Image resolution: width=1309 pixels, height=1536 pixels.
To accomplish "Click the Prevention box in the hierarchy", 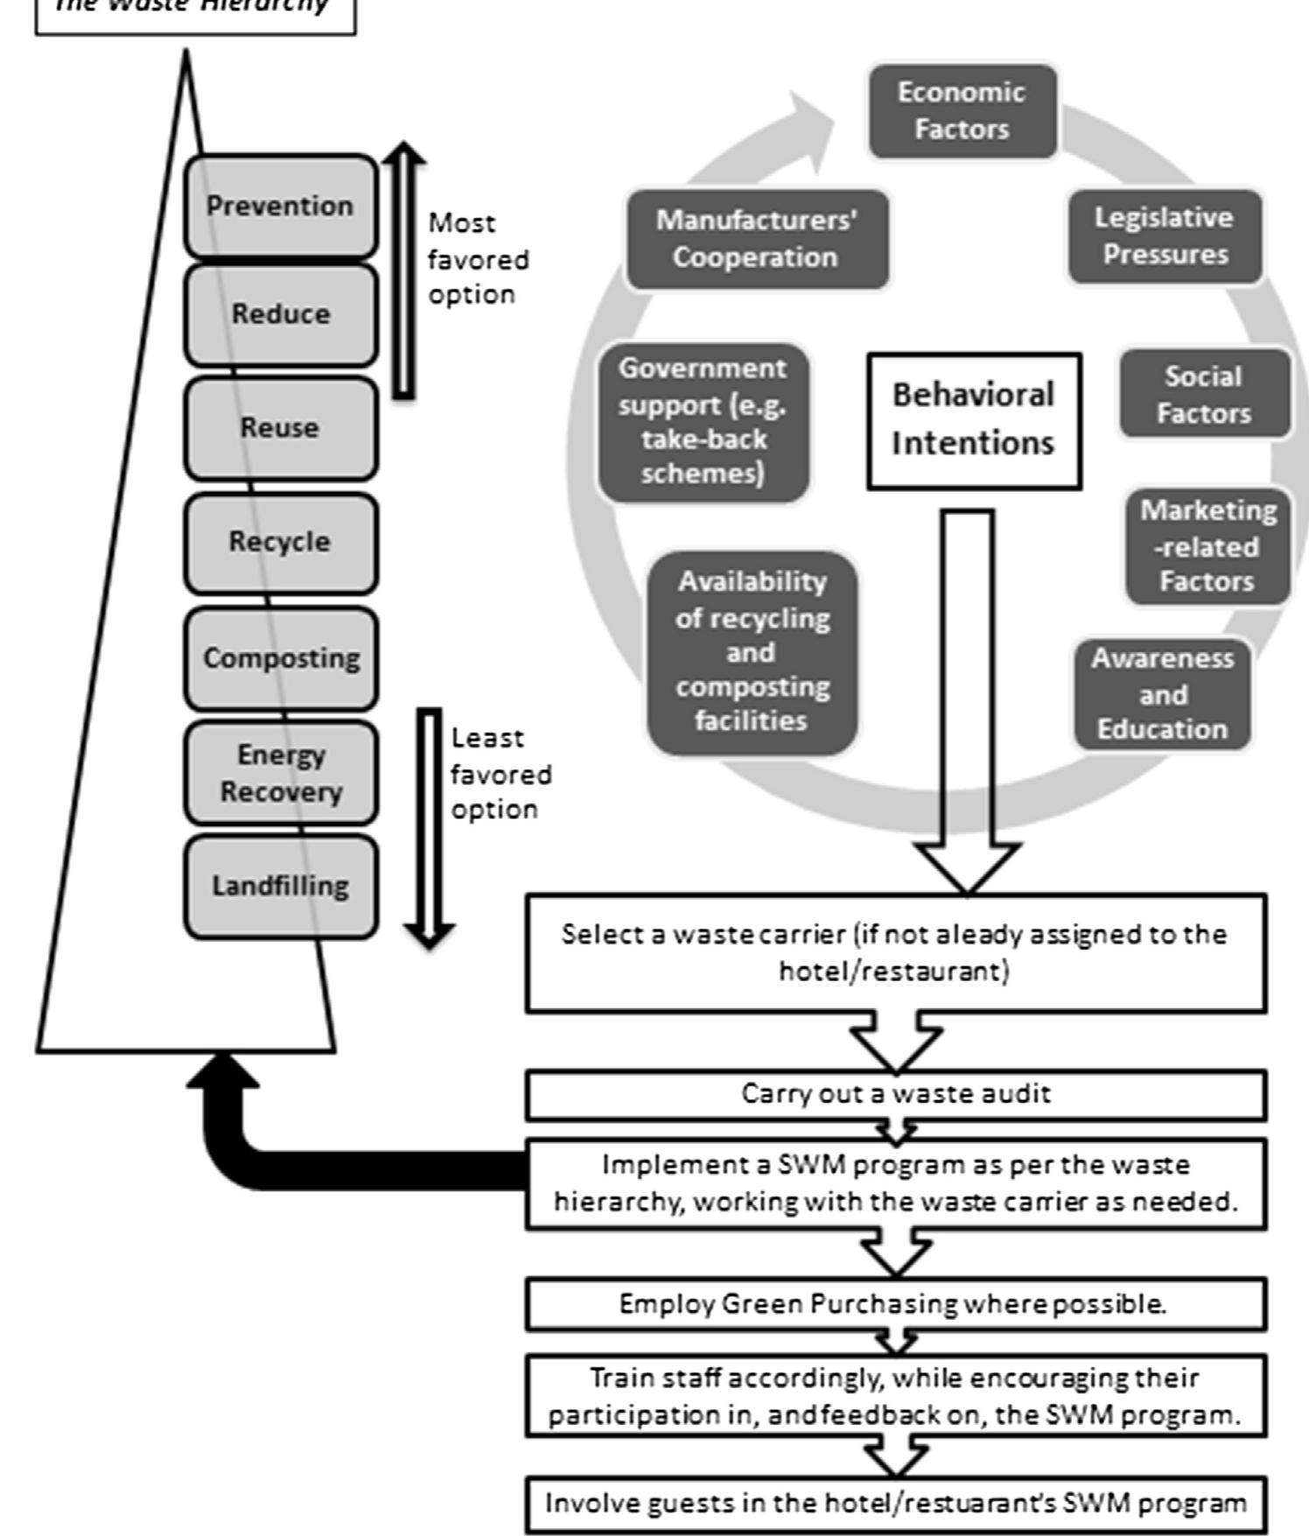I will tap(280, 206).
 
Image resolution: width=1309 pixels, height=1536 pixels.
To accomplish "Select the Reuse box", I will tap(280, 428).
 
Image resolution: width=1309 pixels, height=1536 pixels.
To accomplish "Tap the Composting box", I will tap(280, 658).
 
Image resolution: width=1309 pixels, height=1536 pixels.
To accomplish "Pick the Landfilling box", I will tap(280, 886).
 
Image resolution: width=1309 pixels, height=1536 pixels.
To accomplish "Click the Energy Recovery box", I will tap(280, 773).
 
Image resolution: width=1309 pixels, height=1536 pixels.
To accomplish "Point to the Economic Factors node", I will tap(962, 111).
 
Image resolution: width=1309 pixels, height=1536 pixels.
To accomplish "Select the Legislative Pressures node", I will tap(1164, 236).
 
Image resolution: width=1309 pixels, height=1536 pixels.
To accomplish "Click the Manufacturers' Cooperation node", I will tap(757, 238).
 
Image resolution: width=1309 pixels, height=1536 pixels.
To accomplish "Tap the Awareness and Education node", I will tap(1162, 694).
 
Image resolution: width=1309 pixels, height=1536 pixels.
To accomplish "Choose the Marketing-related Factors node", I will tap(1207, 546).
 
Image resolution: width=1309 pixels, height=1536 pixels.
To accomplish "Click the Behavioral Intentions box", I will tap(973, 420).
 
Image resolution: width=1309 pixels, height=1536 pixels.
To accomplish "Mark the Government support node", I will tap(703, 421).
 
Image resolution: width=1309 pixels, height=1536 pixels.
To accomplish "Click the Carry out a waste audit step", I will tap(895, 1094).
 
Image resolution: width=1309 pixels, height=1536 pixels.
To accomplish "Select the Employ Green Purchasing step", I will tap(895, 1304).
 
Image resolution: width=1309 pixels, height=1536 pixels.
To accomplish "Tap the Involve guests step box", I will tap(895, 1504).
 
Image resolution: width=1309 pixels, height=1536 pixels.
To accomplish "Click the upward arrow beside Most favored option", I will tap(402, 271).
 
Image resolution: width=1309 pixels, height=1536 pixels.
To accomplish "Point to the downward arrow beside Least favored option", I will tap(429, 827).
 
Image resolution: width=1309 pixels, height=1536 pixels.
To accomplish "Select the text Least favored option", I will tap(500, 774).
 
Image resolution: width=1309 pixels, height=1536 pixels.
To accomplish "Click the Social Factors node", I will tap(1204, 395).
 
